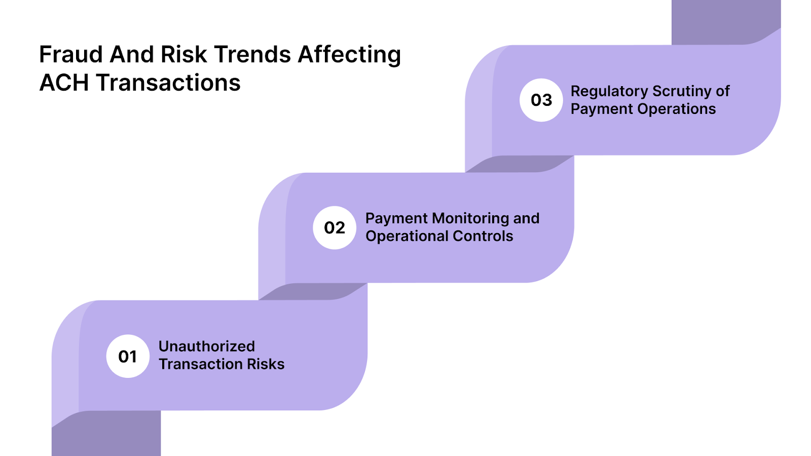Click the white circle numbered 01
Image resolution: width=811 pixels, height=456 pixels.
click(128, 356)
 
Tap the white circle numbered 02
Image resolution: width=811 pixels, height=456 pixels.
click(335, 227)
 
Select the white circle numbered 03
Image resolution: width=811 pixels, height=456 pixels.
click(541, 100)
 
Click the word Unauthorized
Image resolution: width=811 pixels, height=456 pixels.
click(207, 347)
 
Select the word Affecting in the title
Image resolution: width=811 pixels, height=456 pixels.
click(349, 55)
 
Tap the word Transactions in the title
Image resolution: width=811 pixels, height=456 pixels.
click(168, 83)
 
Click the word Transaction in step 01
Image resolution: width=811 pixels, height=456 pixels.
click(201, 364)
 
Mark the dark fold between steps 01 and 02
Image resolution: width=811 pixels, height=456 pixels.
click(313, 291)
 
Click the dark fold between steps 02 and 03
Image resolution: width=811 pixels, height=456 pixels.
click(520, 164)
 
